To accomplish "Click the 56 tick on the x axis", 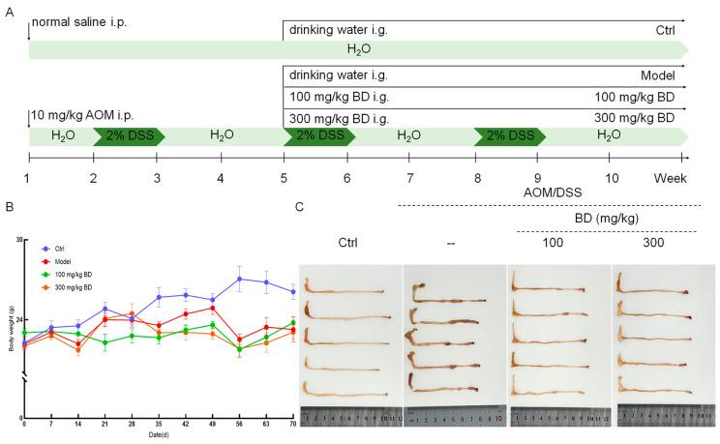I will click(240, 424).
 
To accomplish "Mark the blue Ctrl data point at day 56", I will click(240, 279).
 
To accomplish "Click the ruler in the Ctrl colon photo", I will click(349, 417).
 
